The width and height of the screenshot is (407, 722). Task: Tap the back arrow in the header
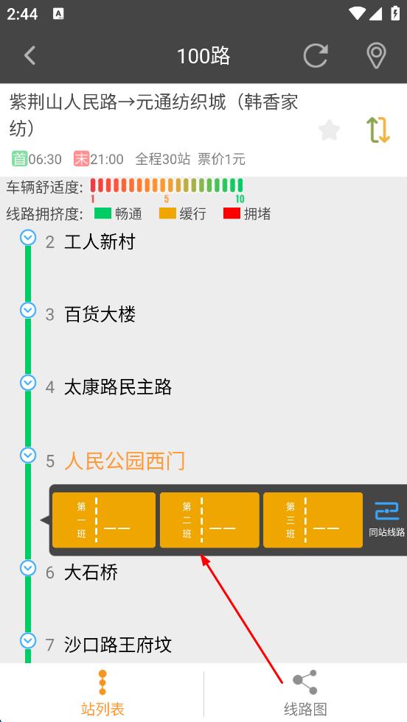pos(30,56)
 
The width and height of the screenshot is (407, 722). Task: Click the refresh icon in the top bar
pos(316,55)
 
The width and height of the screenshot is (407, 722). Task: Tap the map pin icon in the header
pos(376,56)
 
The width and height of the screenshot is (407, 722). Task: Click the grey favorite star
pos(330,130)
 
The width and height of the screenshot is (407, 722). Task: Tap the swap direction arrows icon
pos(378,130)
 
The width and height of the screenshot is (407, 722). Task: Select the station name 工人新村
pos(100,241)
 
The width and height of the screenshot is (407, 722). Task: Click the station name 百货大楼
pos(100,314)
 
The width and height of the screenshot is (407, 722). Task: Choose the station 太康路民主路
pos(118,387)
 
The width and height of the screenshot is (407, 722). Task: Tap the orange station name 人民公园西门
pos(125,461)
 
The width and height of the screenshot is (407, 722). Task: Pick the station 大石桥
pos(91,573)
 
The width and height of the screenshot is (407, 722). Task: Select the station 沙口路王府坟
pos(118,645)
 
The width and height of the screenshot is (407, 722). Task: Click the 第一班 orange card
pos(104,520)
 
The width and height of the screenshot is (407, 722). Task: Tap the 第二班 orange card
pos(209,520)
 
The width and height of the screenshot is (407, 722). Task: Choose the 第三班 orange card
pos(313,520)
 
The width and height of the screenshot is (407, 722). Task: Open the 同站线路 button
pos(386,520)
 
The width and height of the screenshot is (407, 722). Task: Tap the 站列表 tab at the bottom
pos(102,693)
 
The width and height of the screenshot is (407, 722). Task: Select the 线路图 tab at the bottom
pos(305,693)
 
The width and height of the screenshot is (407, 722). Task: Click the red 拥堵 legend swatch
pos(232,213)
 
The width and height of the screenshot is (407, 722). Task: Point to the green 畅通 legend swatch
pos(103,213)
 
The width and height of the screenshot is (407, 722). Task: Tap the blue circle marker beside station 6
pos(28,568)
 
